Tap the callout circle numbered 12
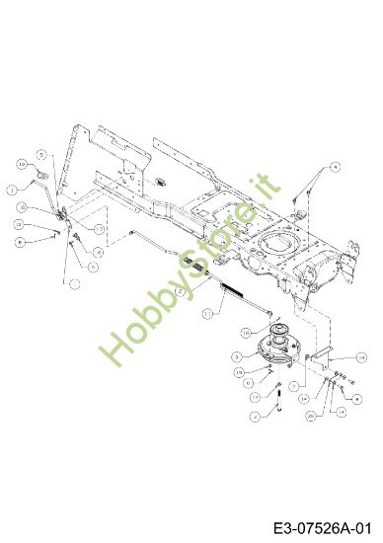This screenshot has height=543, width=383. click(x=19, y=224)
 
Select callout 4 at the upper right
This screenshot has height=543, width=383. click(x=335, y=167)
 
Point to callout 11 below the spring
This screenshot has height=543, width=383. click(x=207, y=312)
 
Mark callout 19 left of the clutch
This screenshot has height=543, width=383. click(x=238, y=371)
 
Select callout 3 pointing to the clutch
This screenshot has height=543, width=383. click(x=237, y=354)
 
